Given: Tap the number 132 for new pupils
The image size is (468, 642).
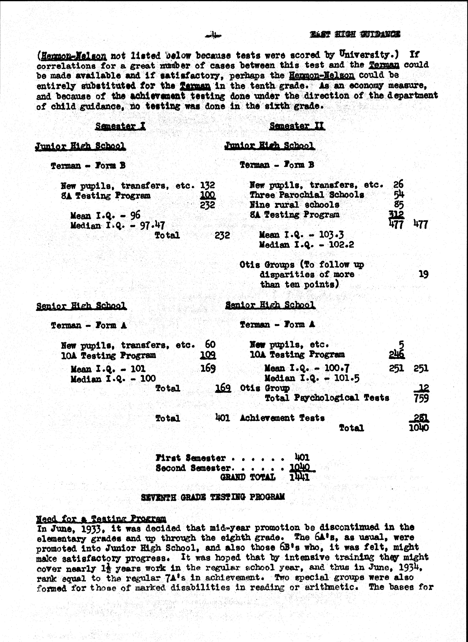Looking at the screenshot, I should point(208,185).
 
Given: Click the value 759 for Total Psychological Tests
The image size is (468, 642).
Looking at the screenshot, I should point(421,398).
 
